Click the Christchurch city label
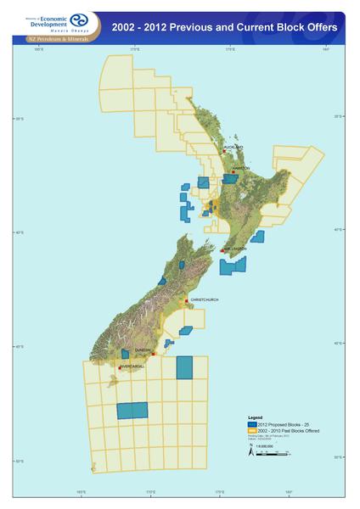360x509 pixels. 205,299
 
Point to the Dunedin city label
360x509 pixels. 143,350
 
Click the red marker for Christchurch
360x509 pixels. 187,300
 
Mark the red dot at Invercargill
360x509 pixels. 120,367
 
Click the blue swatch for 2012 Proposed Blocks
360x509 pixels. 251,422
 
